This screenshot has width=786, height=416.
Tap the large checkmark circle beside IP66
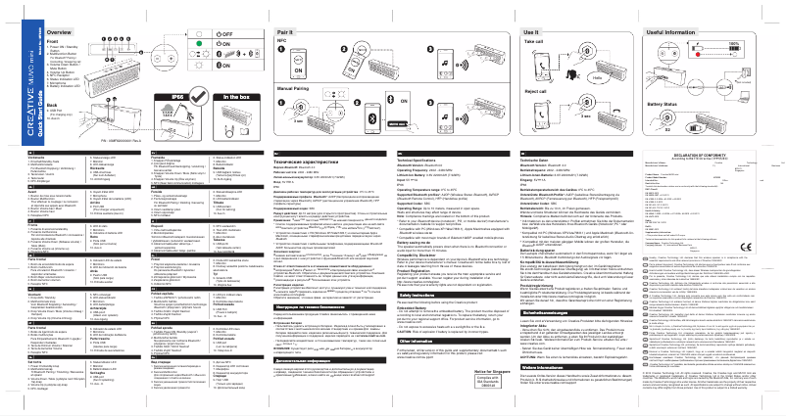(176, 118)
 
